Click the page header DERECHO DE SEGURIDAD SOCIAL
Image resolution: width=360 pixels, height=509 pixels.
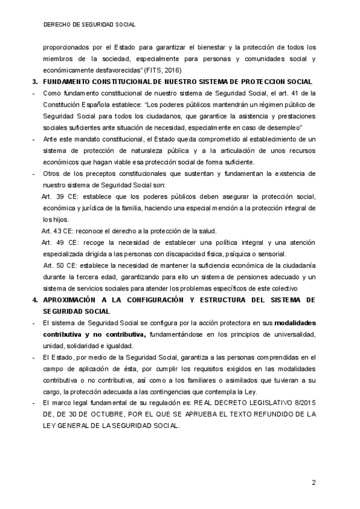(89, 25)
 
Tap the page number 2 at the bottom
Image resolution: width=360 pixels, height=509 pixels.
(313, 483)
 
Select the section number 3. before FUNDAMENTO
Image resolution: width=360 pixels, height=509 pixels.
(35, 82)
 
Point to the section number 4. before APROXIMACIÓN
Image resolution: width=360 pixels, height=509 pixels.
(35, 300)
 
